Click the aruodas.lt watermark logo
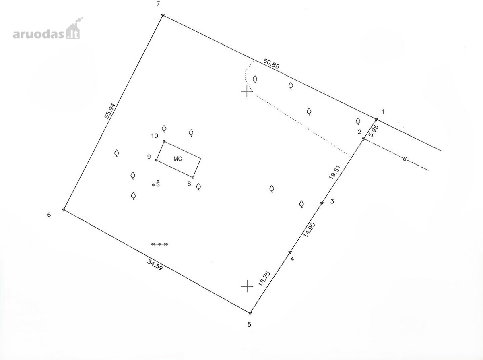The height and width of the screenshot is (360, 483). pos(47,29)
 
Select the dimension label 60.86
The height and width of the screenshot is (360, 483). pos(271,64)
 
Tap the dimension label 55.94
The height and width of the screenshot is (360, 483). pos(110,110)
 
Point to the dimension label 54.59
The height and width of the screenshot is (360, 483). pos(155,265)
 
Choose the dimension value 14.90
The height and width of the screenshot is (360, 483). pos(309,230)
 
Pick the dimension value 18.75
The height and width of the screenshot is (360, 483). pos(264,279)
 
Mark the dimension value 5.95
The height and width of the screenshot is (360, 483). pos(374,131)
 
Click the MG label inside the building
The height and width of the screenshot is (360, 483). pos(178,159)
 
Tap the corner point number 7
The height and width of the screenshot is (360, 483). pos(158,4)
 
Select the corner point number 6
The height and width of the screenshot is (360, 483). pos(49,215)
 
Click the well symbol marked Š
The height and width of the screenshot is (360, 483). pos(156,184)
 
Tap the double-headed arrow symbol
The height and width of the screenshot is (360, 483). pos(159,244)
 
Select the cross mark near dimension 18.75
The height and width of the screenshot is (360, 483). pos(247,286)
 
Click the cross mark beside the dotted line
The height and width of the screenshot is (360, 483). pos(247,91)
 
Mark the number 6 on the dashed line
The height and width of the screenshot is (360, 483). pos(405,159)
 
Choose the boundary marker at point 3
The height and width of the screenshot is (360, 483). pos(322,203)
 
